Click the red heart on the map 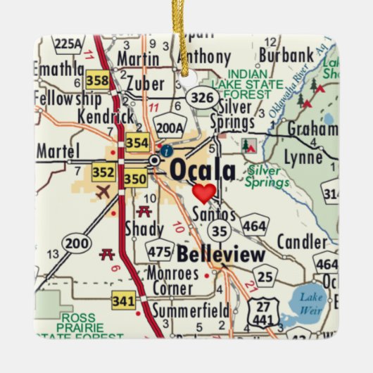(204, 192)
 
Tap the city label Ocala (203, 169)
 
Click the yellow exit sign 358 (98, 80)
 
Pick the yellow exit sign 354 (137, 144)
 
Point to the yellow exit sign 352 (102, 172)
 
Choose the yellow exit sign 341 (122, 301)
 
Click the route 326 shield (203, 97)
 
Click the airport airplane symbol (103, 191)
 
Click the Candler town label (302, 242)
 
